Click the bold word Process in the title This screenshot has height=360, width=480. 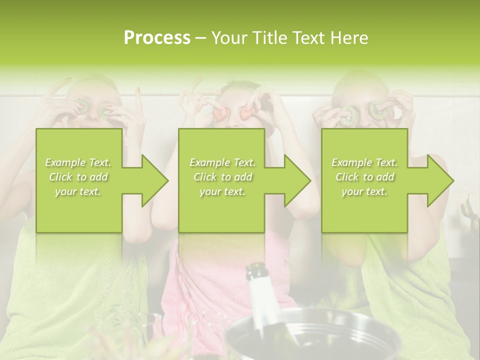pos(157,38)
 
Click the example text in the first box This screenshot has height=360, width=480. pos(78,177)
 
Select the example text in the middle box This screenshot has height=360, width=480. pos(222,177)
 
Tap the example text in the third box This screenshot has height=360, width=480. pos(364,177)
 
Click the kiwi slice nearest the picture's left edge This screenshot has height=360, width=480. pos(81,106)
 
